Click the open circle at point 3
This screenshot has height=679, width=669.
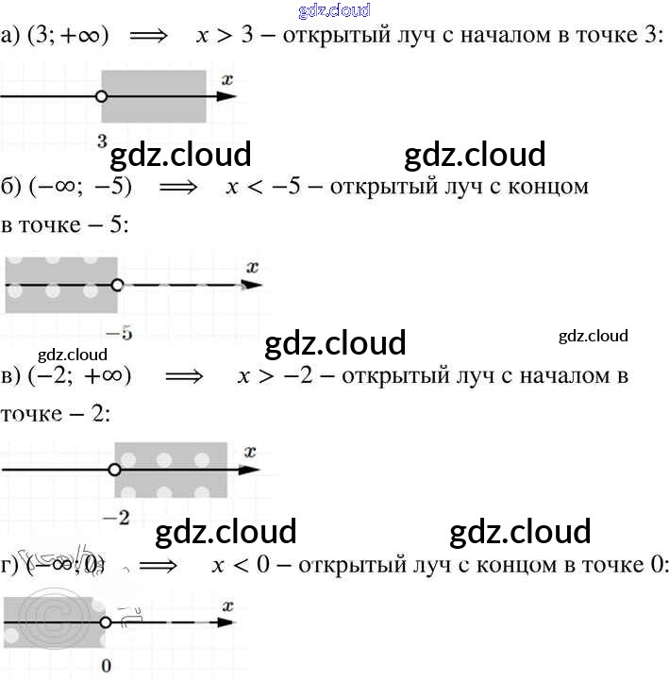[102, 96]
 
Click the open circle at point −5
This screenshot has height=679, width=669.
[116, 284]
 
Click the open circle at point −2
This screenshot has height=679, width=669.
[115, 469]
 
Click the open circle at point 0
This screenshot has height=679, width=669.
[106, 622]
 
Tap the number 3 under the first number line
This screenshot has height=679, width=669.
[102, 141]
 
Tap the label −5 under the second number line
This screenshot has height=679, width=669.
[118, 332]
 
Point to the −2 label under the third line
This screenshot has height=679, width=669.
[117, 516]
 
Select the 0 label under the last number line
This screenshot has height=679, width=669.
[106, 666]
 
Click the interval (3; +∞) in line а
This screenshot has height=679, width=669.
[68, 36]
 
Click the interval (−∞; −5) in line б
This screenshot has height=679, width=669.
[80, 186]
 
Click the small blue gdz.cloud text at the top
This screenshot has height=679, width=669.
[333, 10]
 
